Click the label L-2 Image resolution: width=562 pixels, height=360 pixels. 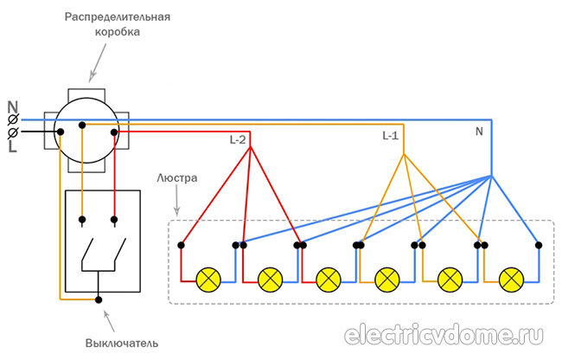click(x=238, y=140)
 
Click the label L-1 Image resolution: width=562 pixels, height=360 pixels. click(x=390, y=136)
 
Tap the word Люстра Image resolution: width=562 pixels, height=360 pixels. click(x=177, y=178)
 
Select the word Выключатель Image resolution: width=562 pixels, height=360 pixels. click(x=122, y=344)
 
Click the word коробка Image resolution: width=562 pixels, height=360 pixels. click(x=118, y=32)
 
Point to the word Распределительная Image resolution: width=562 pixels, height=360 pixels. click(x=118, y=17)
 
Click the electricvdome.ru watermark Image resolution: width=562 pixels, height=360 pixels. click(x=444, y=335)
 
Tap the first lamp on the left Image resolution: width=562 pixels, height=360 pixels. click(x=208, y=280)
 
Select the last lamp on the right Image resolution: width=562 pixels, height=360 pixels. click(x=512, y=280)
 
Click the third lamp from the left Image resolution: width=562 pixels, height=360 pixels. click(x=329, y=280)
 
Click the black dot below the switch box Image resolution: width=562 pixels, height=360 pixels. click(x=99, y=299)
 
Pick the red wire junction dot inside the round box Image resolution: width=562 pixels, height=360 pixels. click(x=114, y=132)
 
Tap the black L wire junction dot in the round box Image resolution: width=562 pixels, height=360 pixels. click(x=61, y=132)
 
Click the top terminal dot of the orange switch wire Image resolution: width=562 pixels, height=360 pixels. click(x=82, y=220)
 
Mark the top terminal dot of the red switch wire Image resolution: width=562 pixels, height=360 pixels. click(x=114, y=220)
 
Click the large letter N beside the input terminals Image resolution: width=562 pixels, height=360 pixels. click(x=13, y=107)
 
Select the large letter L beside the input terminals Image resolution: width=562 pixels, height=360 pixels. click(x=13, y=145)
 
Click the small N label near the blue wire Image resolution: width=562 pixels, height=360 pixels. click(x=479, y=132)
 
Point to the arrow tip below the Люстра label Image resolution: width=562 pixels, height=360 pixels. click(x=177, y=215)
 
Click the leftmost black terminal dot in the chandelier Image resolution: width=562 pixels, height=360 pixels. click(x=181, y=245)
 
